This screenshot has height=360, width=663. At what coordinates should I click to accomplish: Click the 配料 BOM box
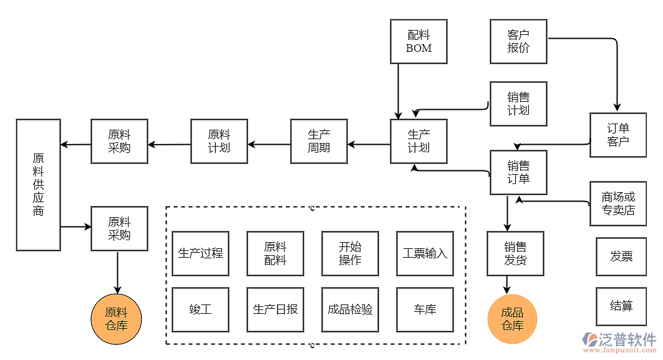pyautogui.click(x=419, y=41)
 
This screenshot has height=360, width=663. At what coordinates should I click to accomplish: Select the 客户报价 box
pyautogui.click(x=518, y=41)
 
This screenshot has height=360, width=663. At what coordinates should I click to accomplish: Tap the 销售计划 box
pyautogui.click(x=518, y=104)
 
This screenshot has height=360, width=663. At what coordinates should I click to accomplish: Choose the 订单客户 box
pyautogui.click(x=618, y=135)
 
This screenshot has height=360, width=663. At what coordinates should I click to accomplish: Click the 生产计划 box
pyautogui.click(x=419, y=141)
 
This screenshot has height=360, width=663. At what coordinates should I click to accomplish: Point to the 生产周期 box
pyautogui.click(x=319, y=141)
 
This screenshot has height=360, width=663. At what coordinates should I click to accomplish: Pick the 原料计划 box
pyautogui.click(x=219, y=141)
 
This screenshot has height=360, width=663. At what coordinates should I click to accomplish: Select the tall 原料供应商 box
pyautogui.click(x=38, y=185)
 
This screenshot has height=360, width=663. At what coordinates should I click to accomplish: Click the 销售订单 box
pyautogui.click(x=518, y=172)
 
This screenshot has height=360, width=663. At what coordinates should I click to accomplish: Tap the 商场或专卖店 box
pyautogui.click(x=618, y=203)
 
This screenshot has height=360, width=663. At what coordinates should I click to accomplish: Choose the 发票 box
pyautogui.click(x=621, y=256)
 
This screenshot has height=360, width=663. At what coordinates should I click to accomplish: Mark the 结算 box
pyautogui.click(x=621, y=306)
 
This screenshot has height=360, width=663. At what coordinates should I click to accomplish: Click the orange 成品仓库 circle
pyautogui.click(x=512, y=319)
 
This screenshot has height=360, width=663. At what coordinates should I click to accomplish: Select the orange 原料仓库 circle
pyautogui.click(x=116, y=319)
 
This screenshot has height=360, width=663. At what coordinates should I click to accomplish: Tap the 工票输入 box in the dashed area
pyautogui.click(x=425, y=253)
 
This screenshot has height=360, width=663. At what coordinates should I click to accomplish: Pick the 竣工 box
pyautogui.click(x=200, y=309)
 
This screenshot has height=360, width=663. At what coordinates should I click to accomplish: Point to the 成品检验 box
pyautogui.click(x=350, y=309)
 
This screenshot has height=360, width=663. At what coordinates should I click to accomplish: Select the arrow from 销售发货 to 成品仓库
pyautogui.click(x=506, y=285)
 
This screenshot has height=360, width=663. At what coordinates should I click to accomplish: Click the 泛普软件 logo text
pyautogui.click(x=627, y=339)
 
